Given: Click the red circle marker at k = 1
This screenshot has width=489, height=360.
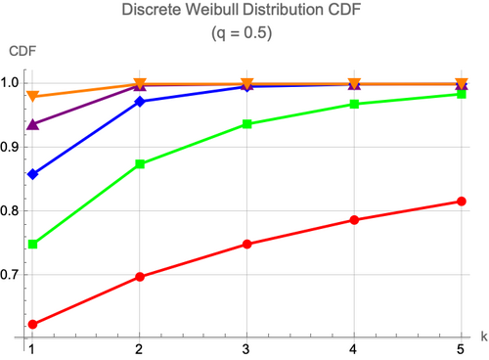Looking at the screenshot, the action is pyautogui.click(x=32, y=324).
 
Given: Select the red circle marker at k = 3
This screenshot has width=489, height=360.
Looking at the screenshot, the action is pyautogui.click(x=247, y=244).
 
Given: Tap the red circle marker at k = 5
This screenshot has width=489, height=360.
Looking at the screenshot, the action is pyautogui.click(x=462, y=202).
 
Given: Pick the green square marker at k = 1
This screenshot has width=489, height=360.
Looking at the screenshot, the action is pyautogui.click(x=32, y=245).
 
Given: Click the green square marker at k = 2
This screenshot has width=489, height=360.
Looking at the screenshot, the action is pyautogui.click(x=140, y=163).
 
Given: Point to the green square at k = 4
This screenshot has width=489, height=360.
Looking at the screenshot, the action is pyautogui.click(x=354, y=105).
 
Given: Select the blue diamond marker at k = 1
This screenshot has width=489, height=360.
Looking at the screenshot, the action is pyautogui.click(x=32, y=174).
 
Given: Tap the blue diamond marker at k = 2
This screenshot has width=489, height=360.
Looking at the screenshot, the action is pyautogui.click(x=140, y=102).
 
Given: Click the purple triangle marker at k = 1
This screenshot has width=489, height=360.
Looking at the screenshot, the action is pyautogui.click(x=32, y=124).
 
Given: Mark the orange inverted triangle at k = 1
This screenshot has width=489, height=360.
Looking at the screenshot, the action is pyautogui.click(x=32, y=96).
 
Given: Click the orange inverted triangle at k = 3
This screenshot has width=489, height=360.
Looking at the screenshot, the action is pyautogui.click(x=247, y=83).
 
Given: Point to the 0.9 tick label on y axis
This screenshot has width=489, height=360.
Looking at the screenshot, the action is pyautogui.click(x=9, y=147).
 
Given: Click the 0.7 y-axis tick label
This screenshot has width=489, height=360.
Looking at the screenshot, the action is pyautogui.click(x=9, y=275).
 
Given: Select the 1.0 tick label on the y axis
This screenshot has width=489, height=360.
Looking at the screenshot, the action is pyautogui.click(x=9, y=83).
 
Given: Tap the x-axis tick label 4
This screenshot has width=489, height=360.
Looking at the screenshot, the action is pyautogui.click(x=353, y=349).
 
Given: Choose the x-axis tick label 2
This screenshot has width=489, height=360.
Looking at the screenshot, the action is pyautogui.click(x=139, y=349).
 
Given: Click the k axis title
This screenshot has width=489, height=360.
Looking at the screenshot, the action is pyautogui.click(x=484, y=337).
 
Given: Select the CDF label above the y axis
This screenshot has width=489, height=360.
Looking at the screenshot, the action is pyautogui.click(x=22, y=51).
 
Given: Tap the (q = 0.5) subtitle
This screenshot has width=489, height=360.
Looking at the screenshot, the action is pyautogui.click(x=242, y=32).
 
